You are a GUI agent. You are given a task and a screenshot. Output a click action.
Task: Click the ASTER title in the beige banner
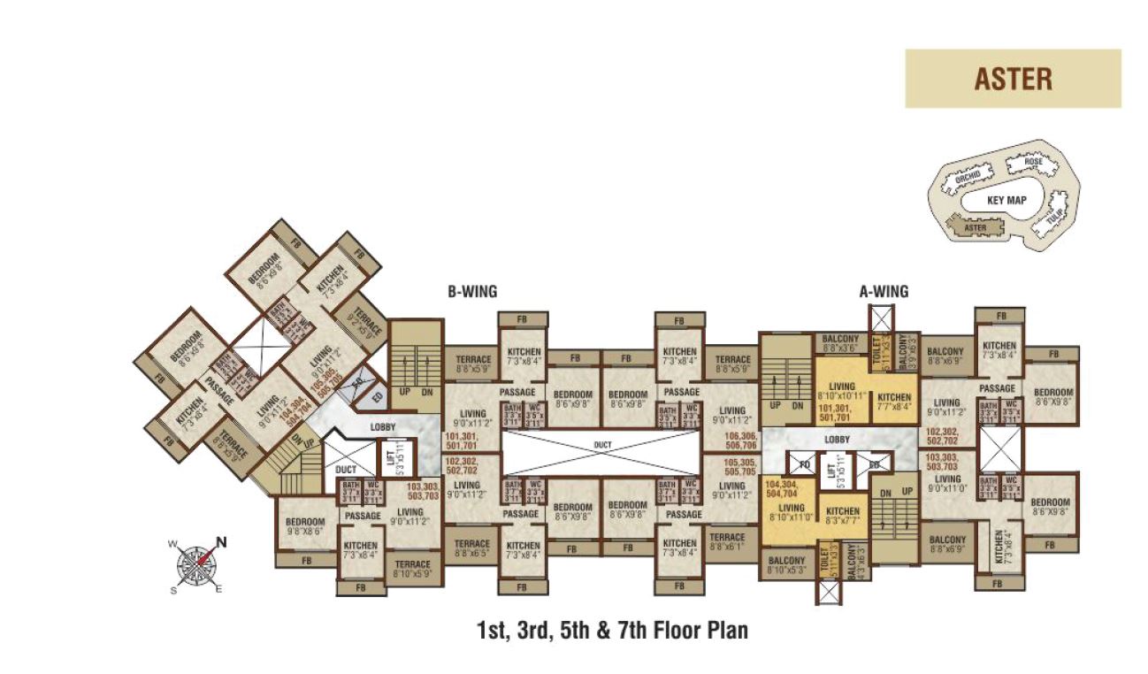pyautogui.click(x=1013, y=79)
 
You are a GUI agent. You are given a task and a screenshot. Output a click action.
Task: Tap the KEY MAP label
pyautogui.click(x=1006, y=201)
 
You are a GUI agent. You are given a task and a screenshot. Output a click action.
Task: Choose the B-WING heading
pyautogui.click(x=471, y=291)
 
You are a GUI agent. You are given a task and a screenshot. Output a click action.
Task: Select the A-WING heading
pyautogui.click(x=884, y=291)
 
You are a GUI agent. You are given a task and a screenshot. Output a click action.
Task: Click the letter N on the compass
pyautogui.click(x=222, y=542)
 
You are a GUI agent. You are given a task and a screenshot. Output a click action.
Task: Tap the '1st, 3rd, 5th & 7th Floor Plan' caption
pyautogui.click(x=612, y=631)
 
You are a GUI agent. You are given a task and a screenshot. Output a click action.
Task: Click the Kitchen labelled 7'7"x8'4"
pyautogui.click(x=894, y=402)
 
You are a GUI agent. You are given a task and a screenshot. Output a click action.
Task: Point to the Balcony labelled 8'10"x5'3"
pyautogui.click(x=786, y=565)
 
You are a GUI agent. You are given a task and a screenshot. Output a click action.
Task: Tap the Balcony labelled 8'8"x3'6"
pyautogui.click(x=841, y=343)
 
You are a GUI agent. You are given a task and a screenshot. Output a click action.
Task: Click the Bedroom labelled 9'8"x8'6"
pyautogui.click(x=304, y=527)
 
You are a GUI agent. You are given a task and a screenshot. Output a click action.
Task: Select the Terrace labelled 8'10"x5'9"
pyautogui.click(x=412, y=569)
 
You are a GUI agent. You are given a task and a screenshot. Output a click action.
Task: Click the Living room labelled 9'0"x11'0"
pyautogui.click(x=947, y=483)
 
